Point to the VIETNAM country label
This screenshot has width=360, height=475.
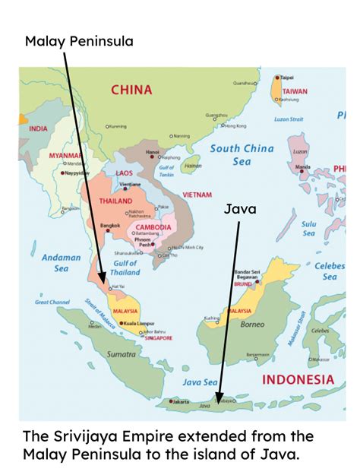pos(197,195)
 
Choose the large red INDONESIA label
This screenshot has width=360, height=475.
pos(298,378)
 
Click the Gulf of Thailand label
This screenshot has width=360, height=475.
pos(125,267)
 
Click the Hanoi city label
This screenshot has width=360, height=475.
pos(153,152)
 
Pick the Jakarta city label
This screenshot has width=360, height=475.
pos(180,401)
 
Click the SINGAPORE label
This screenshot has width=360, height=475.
pos(156,338)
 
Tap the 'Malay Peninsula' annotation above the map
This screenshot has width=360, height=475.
pos(79,40)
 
